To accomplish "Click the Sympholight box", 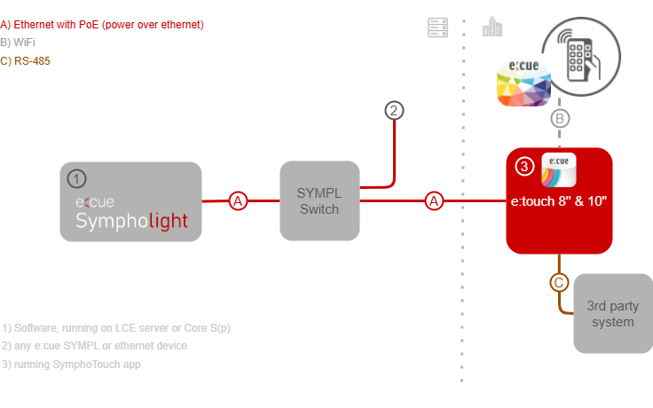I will point(131,202).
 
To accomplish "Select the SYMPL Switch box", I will point(319,201).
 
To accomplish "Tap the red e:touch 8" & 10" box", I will point(560,201).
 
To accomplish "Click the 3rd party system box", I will point(612,314).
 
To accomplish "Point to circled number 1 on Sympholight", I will point(77,179).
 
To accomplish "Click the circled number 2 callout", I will point(394,111).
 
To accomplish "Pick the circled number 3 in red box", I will point(523,166).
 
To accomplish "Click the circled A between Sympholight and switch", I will point(238,201).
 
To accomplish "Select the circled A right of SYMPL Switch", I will point(435,201).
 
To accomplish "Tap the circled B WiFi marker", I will point(559,118).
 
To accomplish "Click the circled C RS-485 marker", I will point(559,283).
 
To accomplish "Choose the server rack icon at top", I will point(436,27).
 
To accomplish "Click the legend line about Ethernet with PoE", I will point(103,24).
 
